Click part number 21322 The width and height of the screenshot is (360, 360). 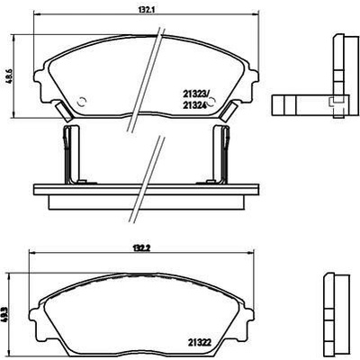200,342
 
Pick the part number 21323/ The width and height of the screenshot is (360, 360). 195,94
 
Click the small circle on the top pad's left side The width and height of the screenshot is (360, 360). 82,102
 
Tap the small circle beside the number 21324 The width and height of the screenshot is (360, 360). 212,103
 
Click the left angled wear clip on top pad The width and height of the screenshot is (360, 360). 64,111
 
